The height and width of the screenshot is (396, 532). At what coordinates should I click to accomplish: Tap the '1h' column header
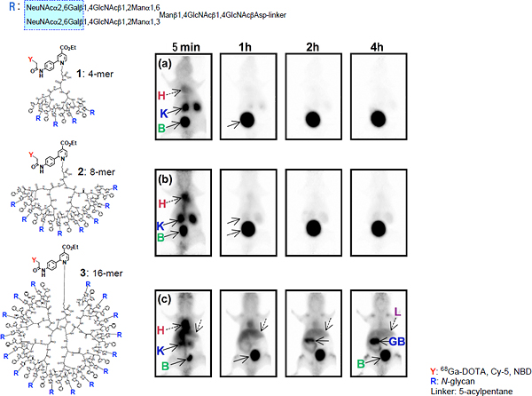click(x=248, y=45)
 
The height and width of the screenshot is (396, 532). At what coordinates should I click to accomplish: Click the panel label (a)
click(x=162, y=64)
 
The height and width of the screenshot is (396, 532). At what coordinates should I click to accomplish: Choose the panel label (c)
click(x=162, y=295)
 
